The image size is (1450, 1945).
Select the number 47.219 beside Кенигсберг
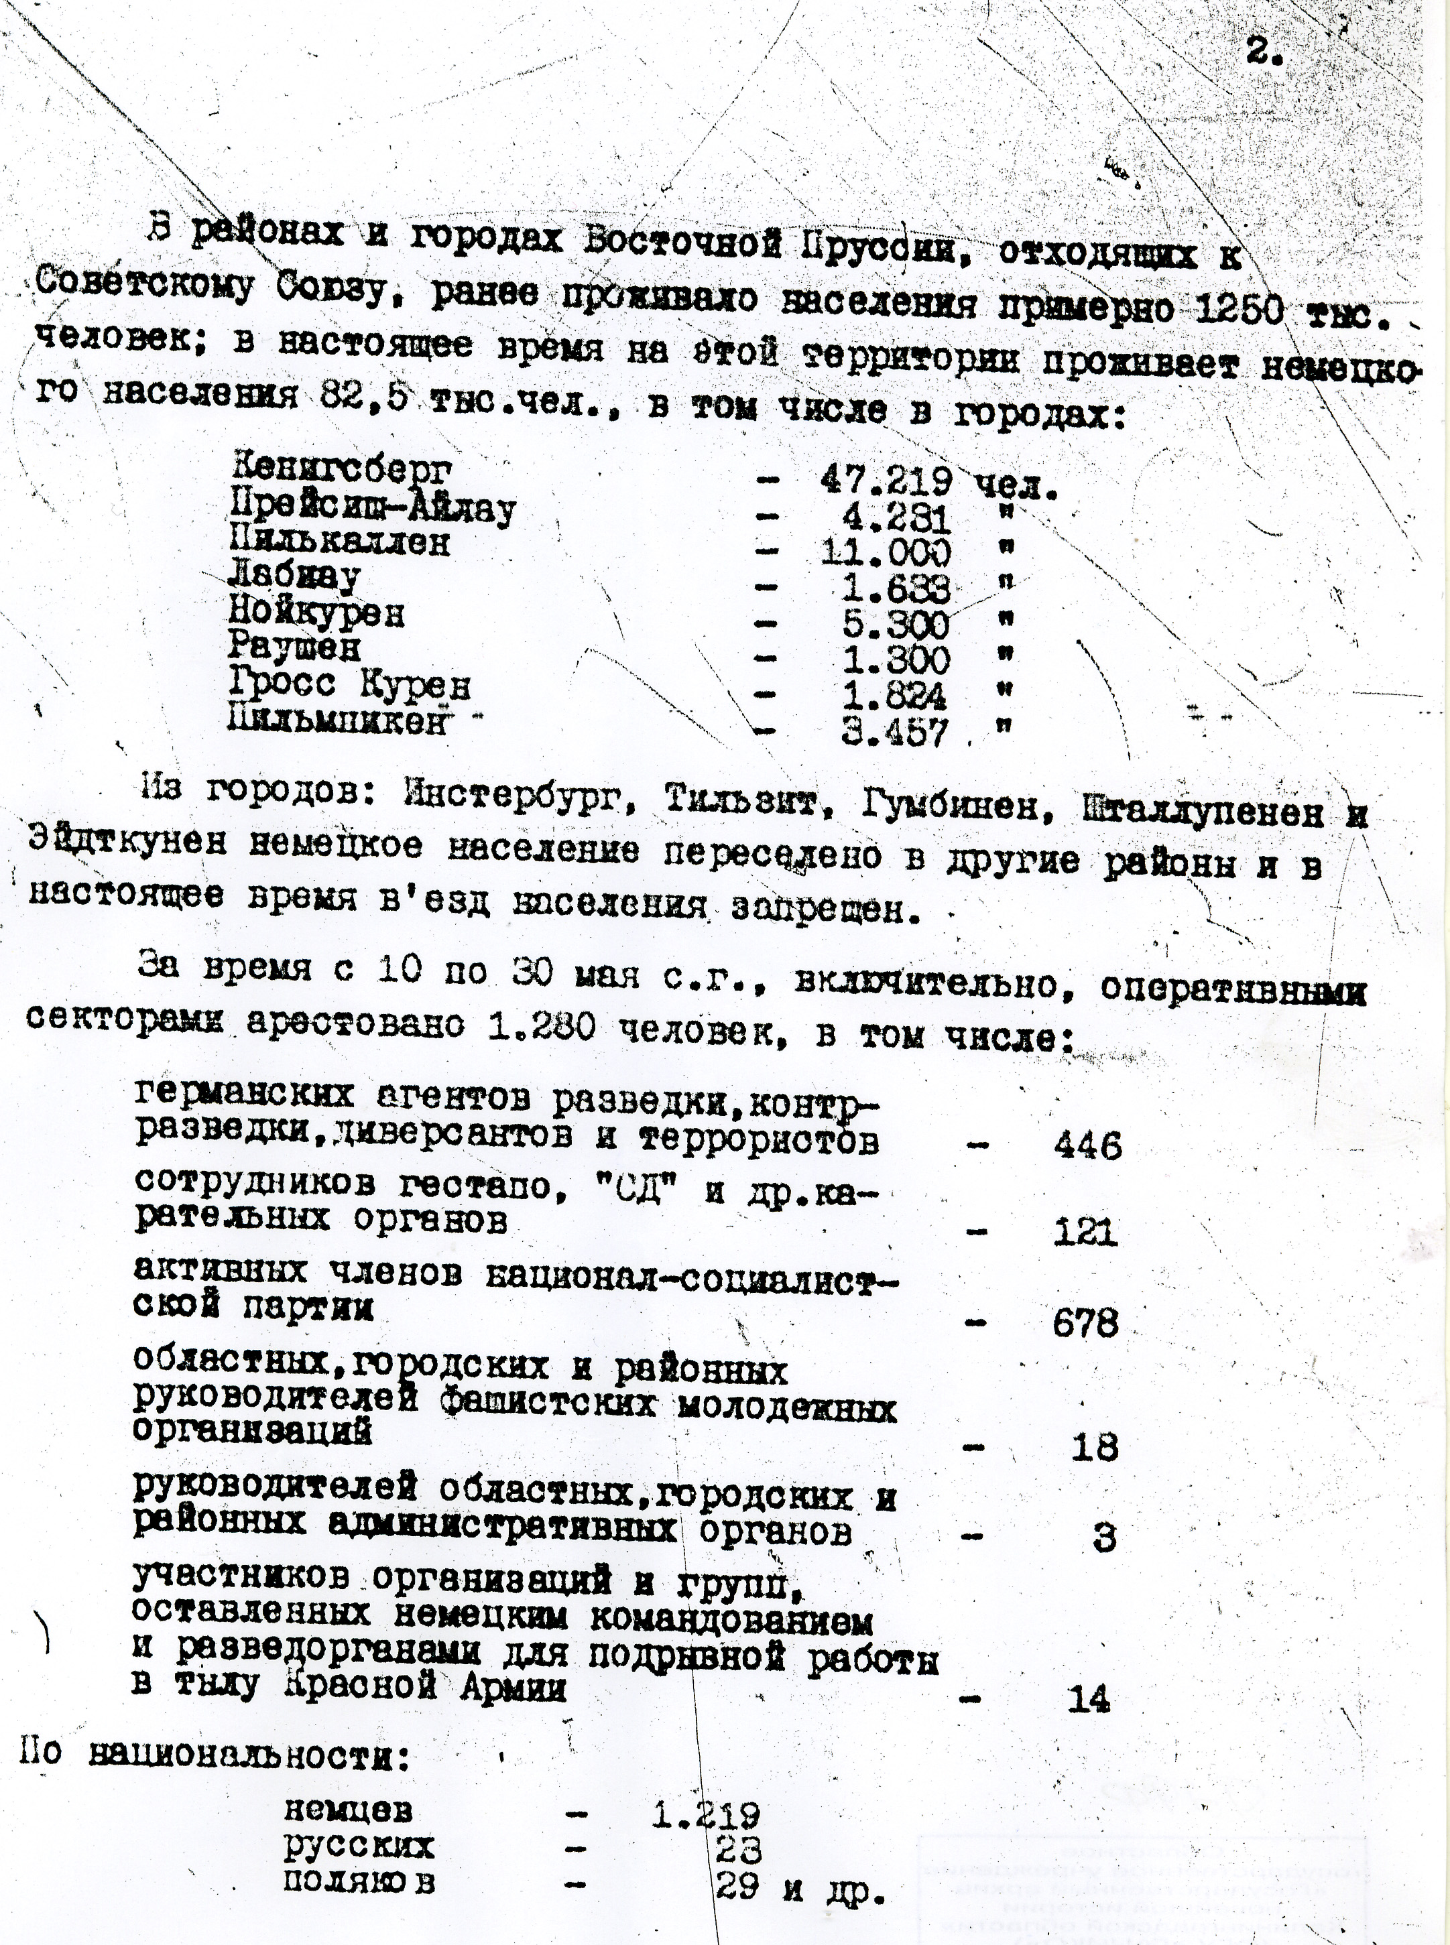886,480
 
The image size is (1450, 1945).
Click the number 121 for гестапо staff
1086,1233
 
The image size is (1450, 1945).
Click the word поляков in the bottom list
359,1883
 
